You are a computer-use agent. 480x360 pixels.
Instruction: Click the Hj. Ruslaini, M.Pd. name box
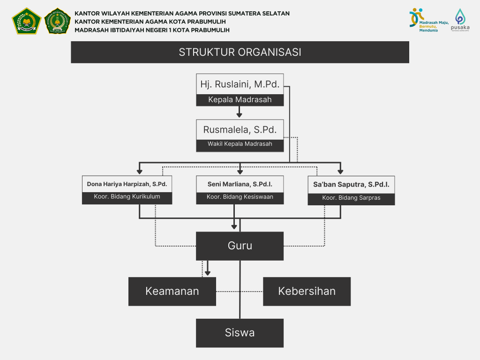click(240, 84)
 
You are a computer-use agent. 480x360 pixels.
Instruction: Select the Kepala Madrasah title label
click(240, 100)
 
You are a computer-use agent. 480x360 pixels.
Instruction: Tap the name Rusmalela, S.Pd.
click(240, 129)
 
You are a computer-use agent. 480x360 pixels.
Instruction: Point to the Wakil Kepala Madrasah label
click(240, 144)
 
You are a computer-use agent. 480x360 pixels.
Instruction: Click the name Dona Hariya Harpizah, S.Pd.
click(127, 184)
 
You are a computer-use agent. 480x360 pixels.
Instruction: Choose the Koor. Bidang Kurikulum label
click(127, 197)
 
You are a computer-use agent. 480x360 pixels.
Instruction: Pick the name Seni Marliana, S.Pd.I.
click(240, 184)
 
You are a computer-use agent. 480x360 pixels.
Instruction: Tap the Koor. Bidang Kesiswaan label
click(240, 197)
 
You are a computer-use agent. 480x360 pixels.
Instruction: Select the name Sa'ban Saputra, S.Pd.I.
click(351, 185)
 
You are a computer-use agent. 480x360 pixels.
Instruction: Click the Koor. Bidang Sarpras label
click(351, 198)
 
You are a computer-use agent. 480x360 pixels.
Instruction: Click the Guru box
click(240, 246)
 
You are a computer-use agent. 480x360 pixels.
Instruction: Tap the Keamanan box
click(172, 291)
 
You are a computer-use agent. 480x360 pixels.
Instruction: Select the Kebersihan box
click(307, 291)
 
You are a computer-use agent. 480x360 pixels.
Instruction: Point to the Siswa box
click(240, 333)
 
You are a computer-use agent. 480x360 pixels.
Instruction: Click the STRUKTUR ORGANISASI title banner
click(240, 52)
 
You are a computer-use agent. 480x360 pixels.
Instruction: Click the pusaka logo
click(460, 21)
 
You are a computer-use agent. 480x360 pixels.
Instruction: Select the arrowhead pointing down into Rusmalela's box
click(240, 114)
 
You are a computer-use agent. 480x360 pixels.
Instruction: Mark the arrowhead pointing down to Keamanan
click(208, 272)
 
